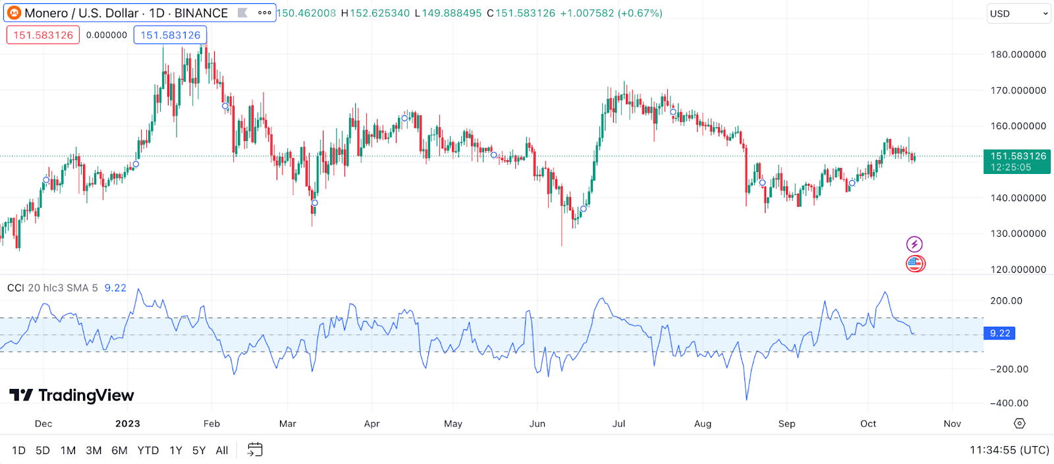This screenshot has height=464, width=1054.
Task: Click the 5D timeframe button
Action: [x=43, y=450]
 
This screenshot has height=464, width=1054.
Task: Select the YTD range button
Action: [x=148, y=450]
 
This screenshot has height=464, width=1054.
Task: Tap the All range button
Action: [x=222, y=450]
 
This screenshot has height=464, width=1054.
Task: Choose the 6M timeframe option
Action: [x=119, y=450]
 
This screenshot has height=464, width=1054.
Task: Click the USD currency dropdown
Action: [x=1018, y=13]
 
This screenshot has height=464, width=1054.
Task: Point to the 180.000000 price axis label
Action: [x=1018, y=54]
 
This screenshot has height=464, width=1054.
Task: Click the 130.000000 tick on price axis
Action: [x=1018, y=233]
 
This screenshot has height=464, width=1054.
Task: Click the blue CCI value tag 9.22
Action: [x=999, y=333]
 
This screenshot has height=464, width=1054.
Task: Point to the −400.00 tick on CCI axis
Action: [x=1009, y=403]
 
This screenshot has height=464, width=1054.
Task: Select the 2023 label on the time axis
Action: [x=128, y=424]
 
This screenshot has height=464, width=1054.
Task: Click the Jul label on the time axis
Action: [x=619, y=424]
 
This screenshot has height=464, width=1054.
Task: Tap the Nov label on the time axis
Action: [x=952, y=424]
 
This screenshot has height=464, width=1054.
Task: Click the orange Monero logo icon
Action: [x=14, y=13]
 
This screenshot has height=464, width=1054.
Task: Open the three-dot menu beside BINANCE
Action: [x=265, y=13]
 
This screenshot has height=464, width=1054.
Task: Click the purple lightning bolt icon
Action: [x=914, y=245]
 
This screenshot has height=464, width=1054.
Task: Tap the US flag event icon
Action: [x=915, y=264]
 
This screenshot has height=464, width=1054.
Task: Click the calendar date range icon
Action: [x=255, y=449]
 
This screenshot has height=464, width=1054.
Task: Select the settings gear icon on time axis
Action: [x=1020, y=423]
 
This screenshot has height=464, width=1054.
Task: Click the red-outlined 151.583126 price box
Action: [x=43, y=35]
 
